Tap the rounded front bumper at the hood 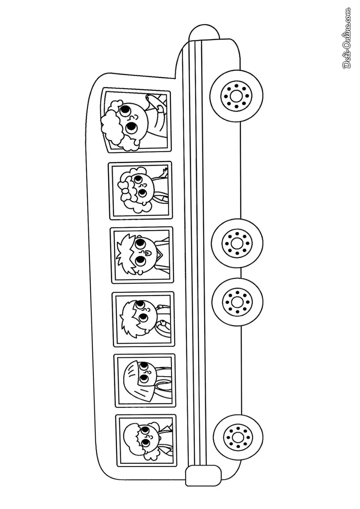tap(204, 33)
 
